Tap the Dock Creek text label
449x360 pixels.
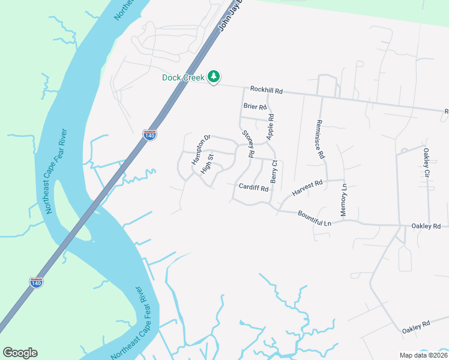(x=184, y=77)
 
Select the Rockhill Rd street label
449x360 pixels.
(x=266, y=90)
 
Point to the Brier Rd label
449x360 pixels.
(x=255, y=107)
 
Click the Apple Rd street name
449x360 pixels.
(x=270, y=127)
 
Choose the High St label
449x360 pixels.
(x=207, y=164)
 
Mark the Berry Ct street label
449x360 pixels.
(x=274, y=172)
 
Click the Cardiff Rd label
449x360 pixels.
(x=253, y=187)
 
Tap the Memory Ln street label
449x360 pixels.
(x=344, y=200)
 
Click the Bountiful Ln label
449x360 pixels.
(x=315, y=218)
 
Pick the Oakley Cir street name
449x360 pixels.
(x=427, y=163)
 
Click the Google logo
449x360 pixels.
(x=20, y=353)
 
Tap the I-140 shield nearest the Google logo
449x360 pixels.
(x=37, y=283)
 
